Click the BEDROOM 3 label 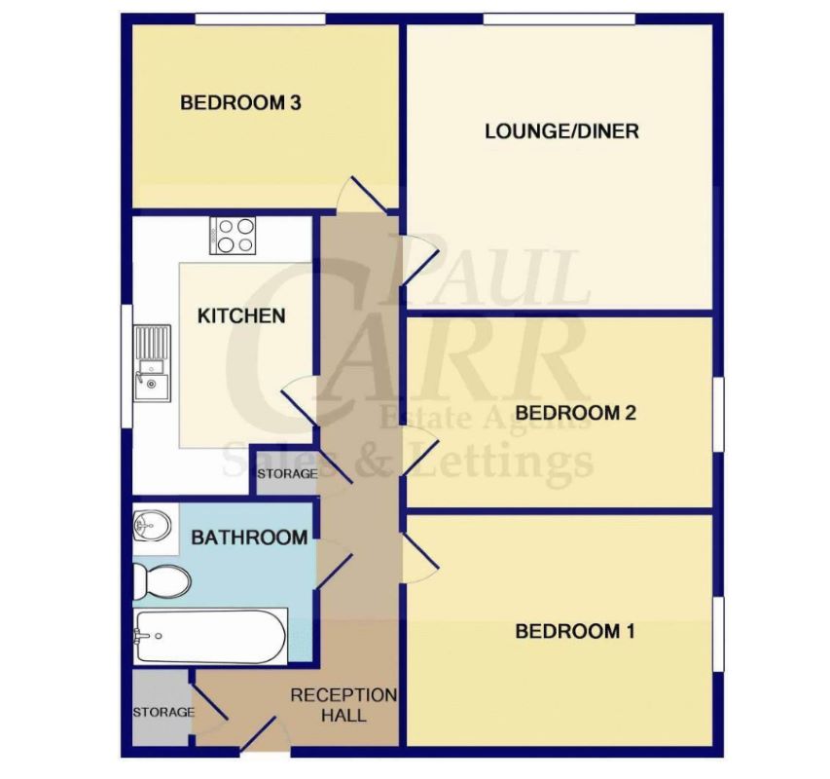click(240, 102)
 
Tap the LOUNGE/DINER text click(561, 130)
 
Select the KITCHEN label click(241, 315)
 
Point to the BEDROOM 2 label click(575, 413)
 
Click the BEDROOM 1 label click(575, 631)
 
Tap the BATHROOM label click(249, 538)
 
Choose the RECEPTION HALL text click(343, 705)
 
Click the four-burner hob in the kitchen click(233, 236)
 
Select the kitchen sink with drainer click(152, 363)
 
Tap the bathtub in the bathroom click(211, 636)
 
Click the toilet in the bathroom click(161, 581)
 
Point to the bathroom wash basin click(152, 525)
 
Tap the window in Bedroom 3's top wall click(260, 19)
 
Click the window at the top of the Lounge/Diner click(559, 19)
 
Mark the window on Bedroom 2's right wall click(718, 414)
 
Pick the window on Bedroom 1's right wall click(718, 634)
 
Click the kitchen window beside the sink click(126, 365)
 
